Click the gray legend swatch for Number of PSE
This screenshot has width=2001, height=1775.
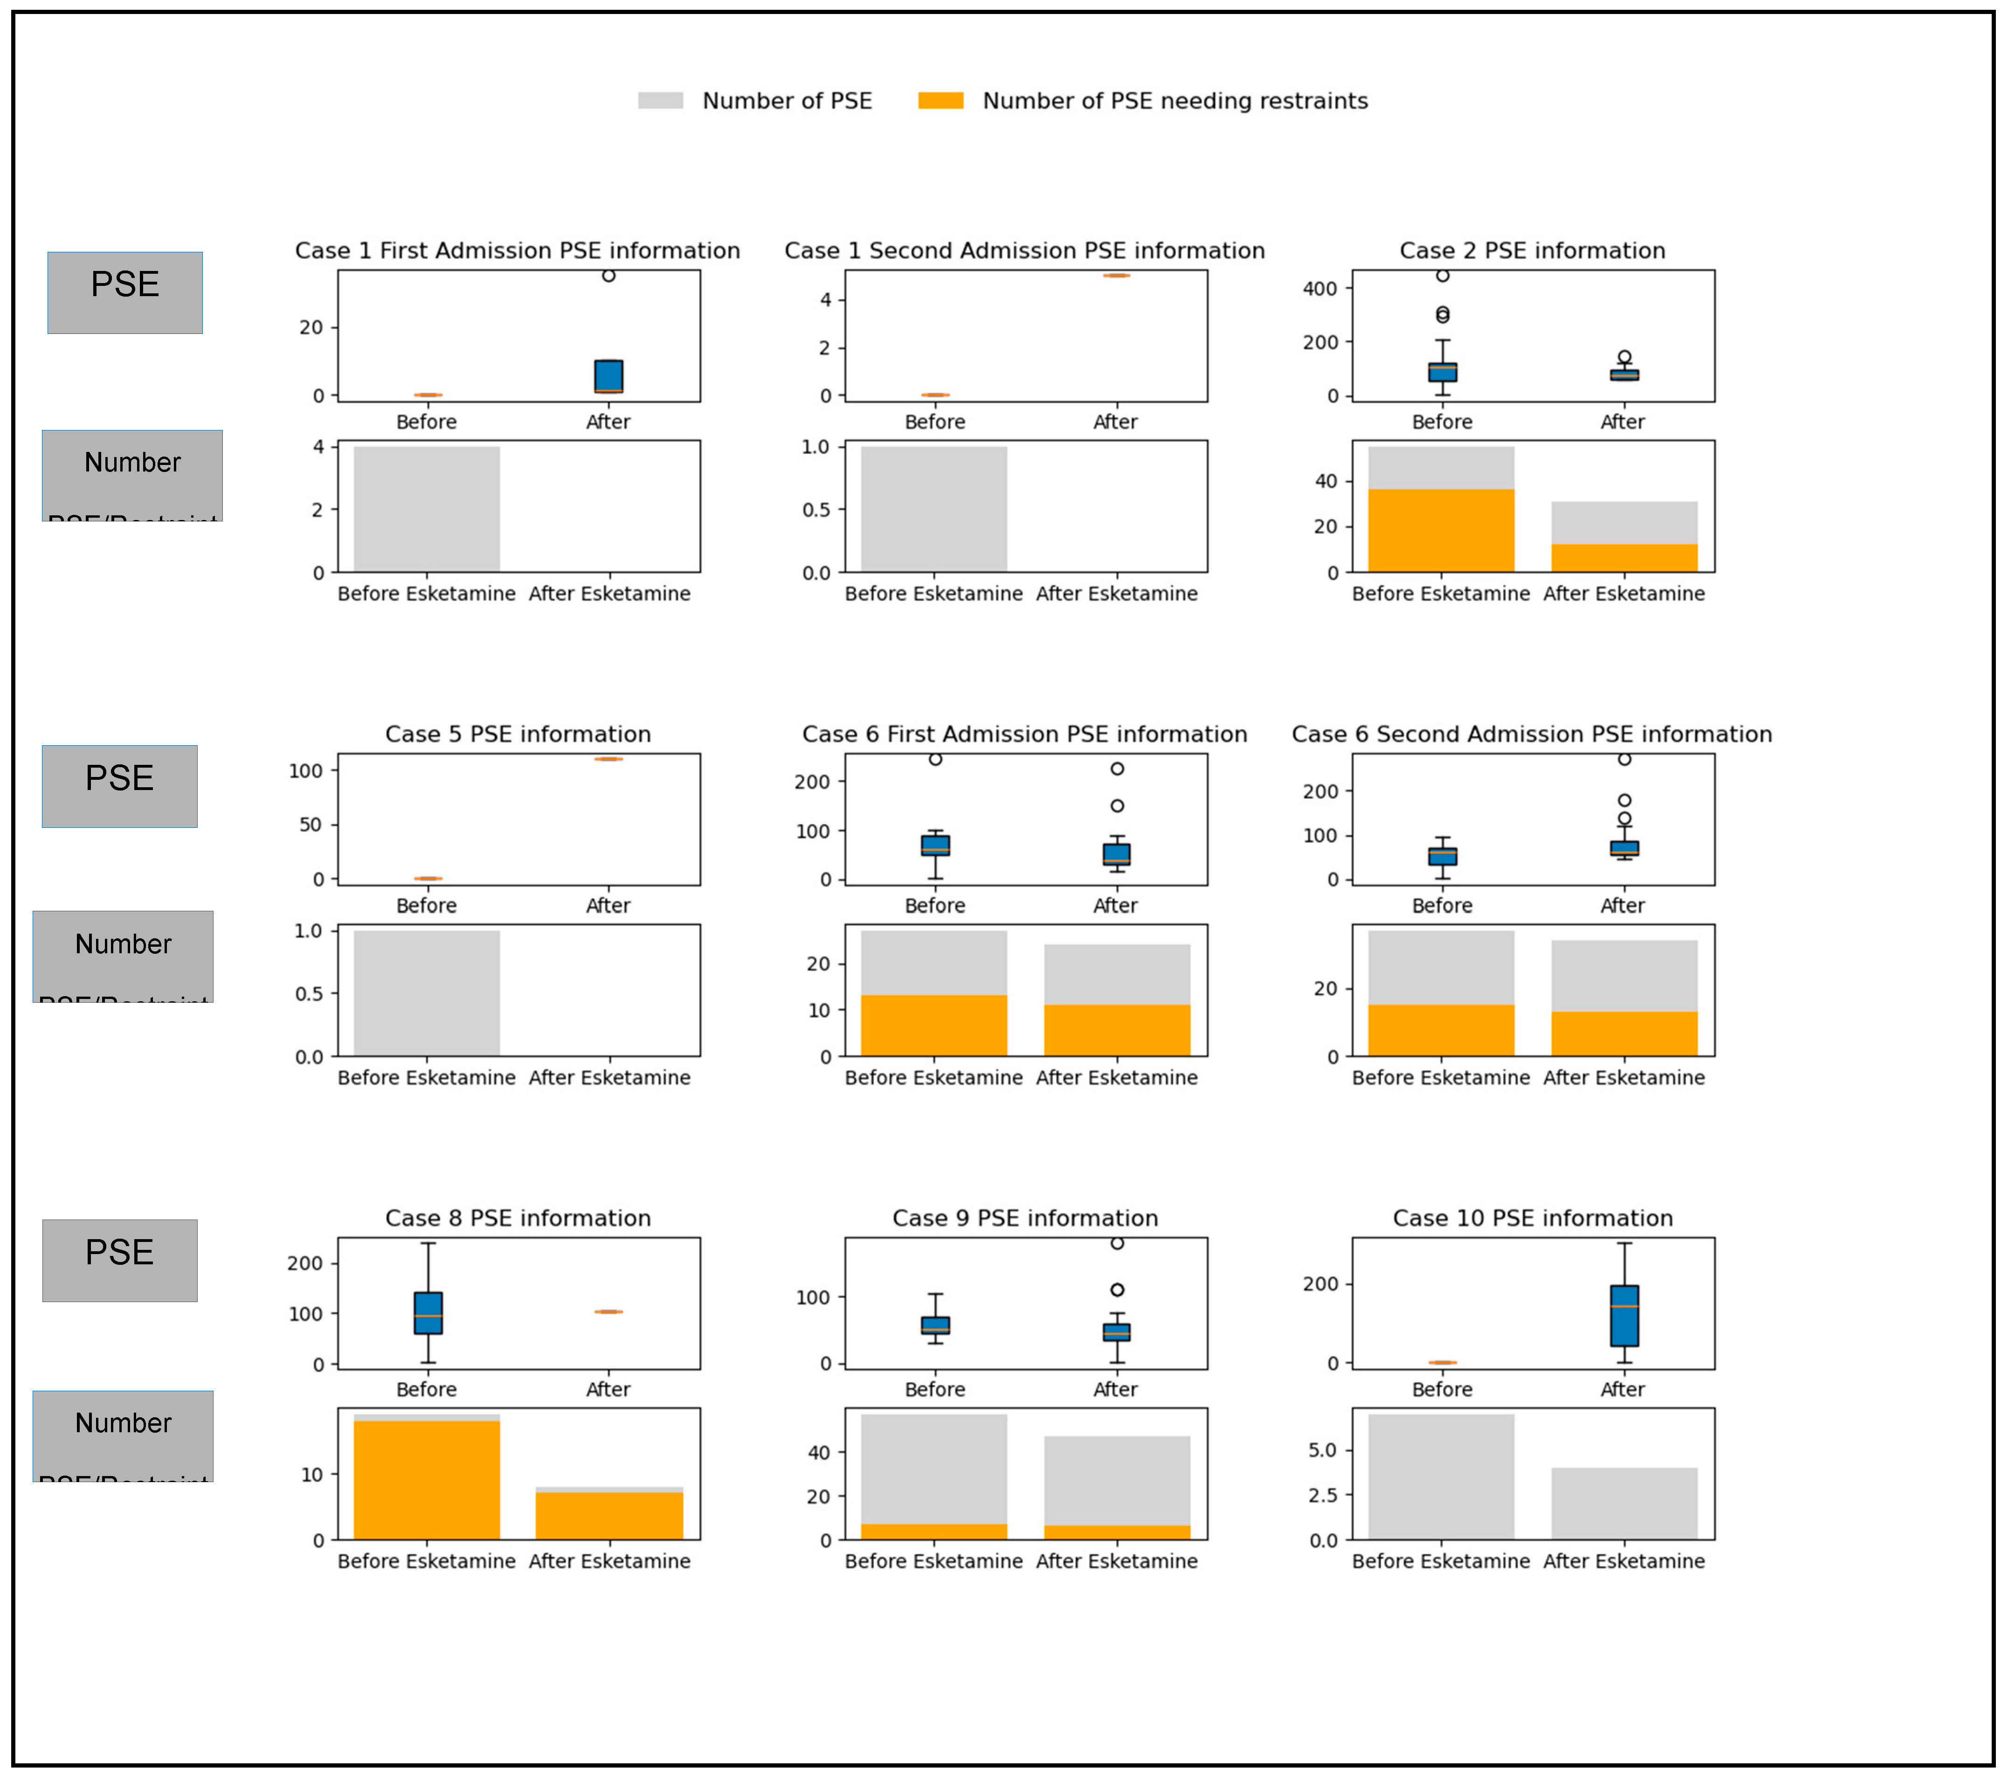pyautogui.click(x=660, y=101)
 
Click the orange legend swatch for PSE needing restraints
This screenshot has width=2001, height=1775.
pyautogui.click(x=940, y=101)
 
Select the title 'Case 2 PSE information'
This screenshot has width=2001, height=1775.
pyautogui.click(x=1532, y=250)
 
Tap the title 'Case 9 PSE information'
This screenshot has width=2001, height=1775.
pyautogui.click(x=1025, y=1218)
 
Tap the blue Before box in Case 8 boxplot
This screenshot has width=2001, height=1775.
pyautogui.click(x=428, y=1313)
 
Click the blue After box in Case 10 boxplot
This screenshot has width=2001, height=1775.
pyautogui.click(x=1624, y=1316)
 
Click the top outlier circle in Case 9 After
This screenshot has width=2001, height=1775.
pyautogui.click(x=1117, y=1243)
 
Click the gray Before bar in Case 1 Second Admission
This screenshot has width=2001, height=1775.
pyautogui.click(x=934, y=509)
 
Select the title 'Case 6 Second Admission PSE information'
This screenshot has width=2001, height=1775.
pyautogui.click(x=1532, y=734)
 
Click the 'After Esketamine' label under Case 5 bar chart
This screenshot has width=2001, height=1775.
pyautogui.click(x=609, y=1077)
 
